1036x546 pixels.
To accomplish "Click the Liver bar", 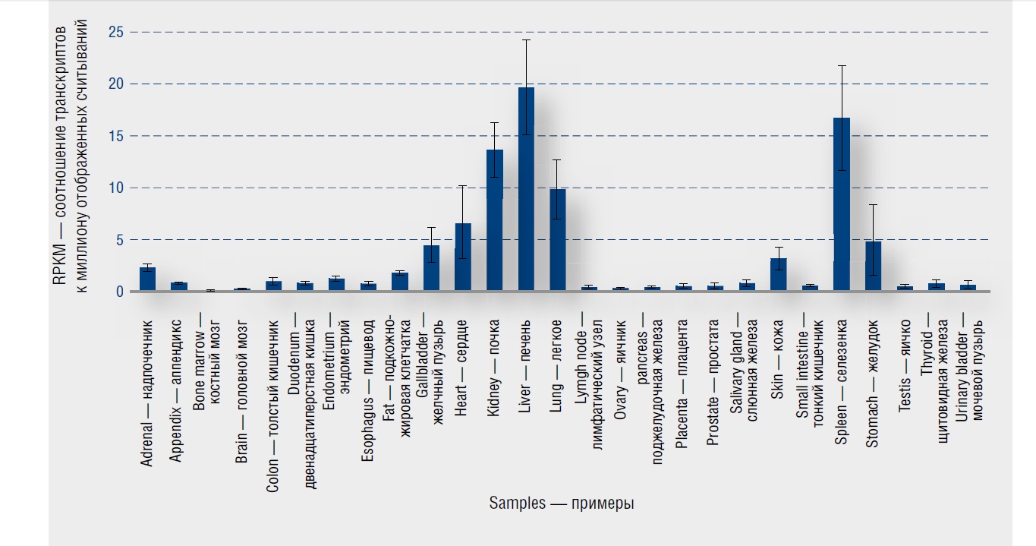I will point(526,190).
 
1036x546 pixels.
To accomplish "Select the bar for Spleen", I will point(841,205).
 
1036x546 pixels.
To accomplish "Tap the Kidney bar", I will point(494,221).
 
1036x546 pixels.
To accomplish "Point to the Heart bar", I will point(463,257).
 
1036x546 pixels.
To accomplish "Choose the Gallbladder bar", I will point(431,269).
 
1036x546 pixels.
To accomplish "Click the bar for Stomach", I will point(873,267).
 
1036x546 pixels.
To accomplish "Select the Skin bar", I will point(778,275).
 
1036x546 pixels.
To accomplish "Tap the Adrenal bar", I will point(148,279).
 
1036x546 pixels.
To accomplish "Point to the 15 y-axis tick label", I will point(113,137).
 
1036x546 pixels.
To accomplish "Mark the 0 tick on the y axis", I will point(118,292).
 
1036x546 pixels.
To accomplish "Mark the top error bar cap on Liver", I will point(526,40).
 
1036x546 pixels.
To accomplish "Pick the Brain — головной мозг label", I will point(242,356).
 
